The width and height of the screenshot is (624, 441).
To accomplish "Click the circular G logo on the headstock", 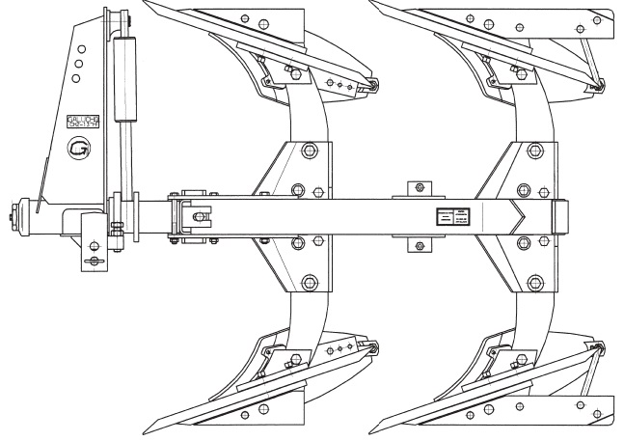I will pos(77,149).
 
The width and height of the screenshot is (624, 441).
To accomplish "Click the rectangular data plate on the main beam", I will pos(451,217).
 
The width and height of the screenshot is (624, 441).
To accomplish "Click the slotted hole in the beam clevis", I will pos(198,214).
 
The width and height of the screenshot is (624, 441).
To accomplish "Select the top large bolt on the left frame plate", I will pos(308,151).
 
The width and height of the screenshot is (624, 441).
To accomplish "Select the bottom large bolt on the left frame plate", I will pos(308,283).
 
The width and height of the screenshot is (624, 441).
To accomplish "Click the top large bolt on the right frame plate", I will pos(524,151).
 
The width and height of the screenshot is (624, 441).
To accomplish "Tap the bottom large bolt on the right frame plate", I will pos(524,283).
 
